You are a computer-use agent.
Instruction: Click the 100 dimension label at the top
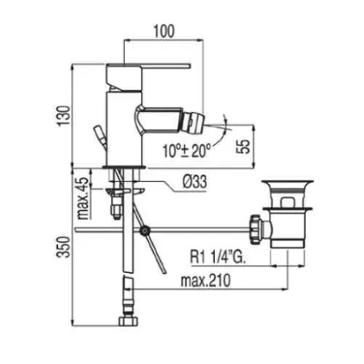point(163,31)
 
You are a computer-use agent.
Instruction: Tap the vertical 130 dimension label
point(64,116)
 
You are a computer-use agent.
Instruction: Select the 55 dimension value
point(242,147)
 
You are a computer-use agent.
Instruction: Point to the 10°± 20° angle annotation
point(187,151)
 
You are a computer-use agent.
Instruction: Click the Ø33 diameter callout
point(195,182)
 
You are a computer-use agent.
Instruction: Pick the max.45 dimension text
point(84,198)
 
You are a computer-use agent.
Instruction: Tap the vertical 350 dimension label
point(64,247)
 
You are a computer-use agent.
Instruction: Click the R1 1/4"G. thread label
point(217,257)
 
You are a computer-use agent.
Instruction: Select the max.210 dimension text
point(205,280)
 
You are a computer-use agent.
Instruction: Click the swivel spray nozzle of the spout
point(193,122)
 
